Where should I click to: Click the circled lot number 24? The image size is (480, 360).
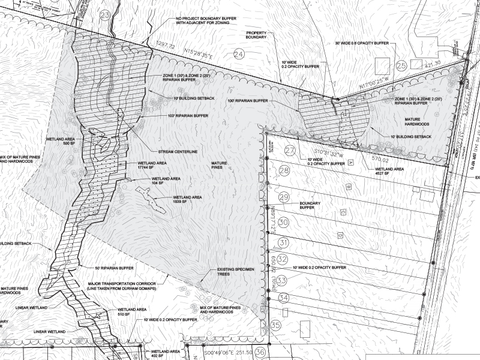(239, 55)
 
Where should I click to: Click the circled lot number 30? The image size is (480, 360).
(284, 222)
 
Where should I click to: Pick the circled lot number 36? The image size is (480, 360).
(260, 352)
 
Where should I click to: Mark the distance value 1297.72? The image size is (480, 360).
(164, 46)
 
